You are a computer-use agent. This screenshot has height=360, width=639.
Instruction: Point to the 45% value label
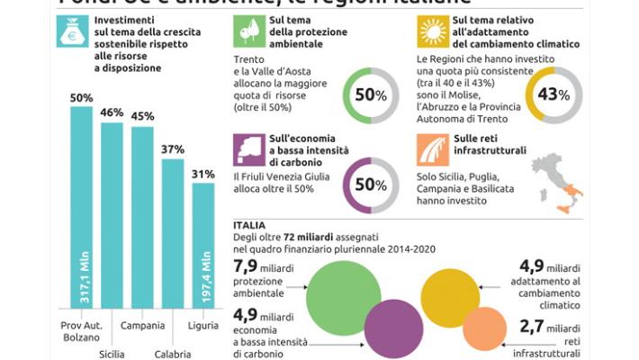[142, 116]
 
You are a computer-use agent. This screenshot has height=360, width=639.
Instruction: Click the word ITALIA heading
[248, 225]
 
